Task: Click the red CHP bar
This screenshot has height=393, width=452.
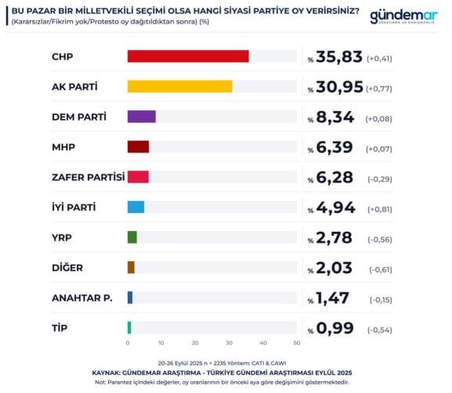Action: [x=188, y=56]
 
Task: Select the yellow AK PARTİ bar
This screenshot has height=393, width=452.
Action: [x=179, y=86]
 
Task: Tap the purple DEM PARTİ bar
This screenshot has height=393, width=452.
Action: [x=141, y=117]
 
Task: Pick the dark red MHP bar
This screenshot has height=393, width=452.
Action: [x=138, y=146]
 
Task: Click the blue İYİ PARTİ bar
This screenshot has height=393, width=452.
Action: [x=136, y=207]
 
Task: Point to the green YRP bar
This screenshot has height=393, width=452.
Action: [x=132, y=237]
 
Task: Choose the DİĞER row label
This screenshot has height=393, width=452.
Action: [x=67, y=268]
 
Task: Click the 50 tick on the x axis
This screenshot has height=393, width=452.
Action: [x=296, y=343]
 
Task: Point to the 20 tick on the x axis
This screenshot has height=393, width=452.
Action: [x=195, y=343]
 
